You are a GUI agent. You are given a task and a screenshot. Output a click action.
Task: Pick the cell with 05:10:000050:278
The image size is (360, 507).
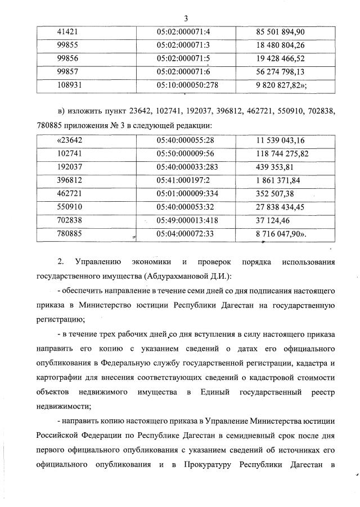tap(187, 85)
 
